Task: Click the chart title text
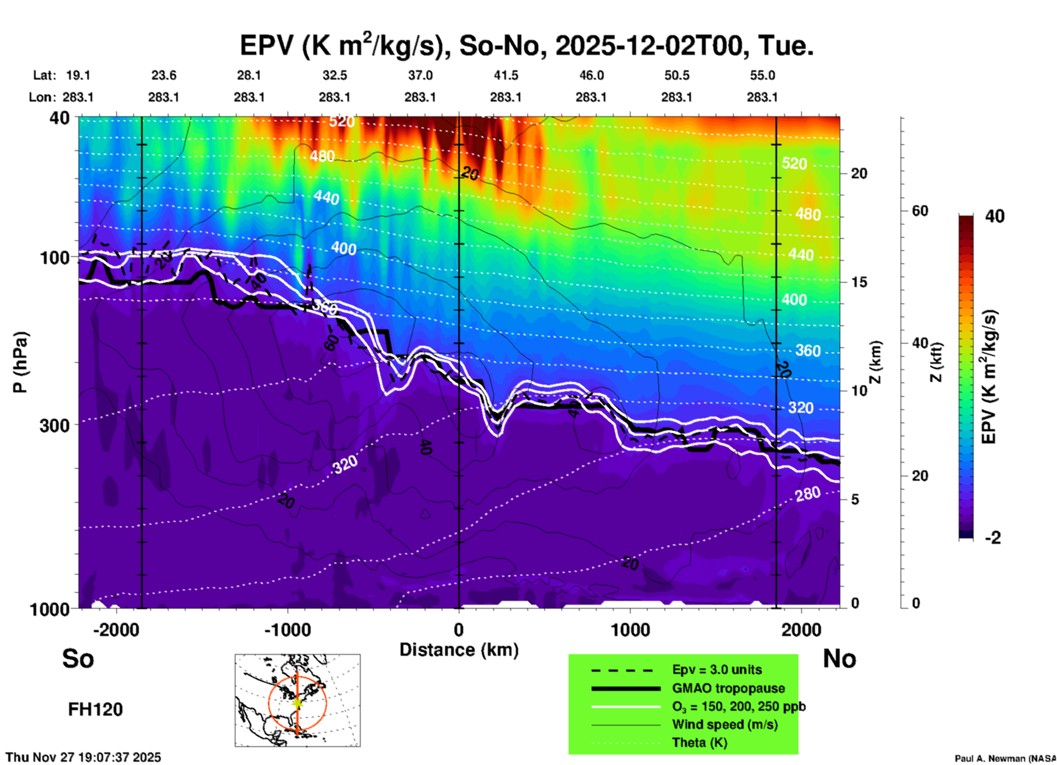(x=526, y=45)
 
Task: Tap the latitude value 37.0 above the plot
(x=420, y=75)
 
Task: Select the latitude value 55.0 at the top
(x=762, y=75)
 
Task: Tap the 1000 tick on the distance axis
(x=630, y=629)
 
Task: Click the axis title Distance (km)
(x=459, y=650)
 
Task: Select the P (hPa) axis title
(x=20, y=362)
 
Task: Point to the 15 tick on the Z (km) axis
(x=858, y=282)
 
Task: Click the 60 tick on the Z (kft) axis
(x=920, y=211)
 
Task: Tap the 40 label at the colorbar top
(x=994, y=216)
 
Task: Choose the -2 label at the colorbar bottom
(x=993, y=537)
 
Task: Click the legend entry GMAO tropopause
(x=728, y=688)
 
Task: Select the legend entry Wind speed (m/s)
(x=724, y=724)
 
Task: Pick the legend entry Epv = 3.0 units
(x=717, y=670)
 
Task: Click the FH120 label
(x=95, y=710)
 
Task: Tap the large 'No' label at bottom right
(x=839, y=659)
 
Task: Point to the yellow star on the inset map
(x=297, y=702)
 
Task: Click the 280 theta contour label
(x=808, y=494)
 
